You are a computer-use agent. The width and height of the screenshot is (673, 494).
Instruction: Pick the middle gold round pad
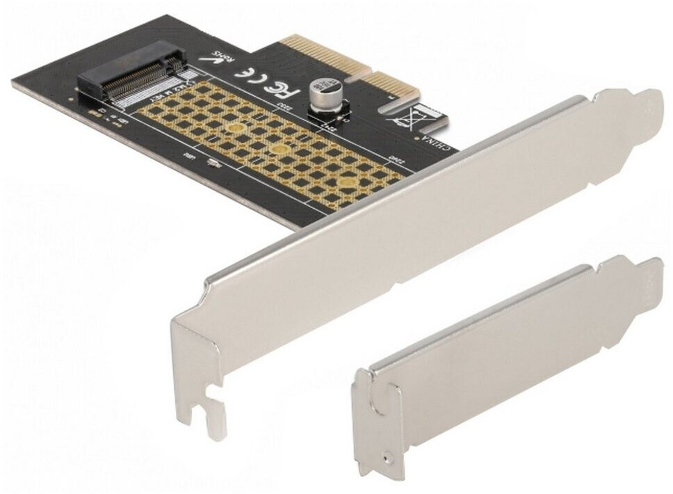point(279,149)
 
